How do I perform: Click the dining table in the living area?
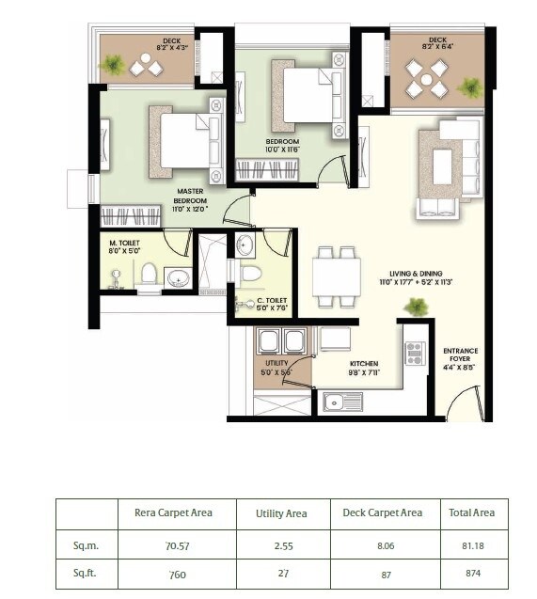click(336, 276)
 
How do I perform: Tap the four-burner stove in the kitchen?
click(415, 353)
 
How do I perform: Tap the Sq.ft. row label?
click(85, 574)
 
